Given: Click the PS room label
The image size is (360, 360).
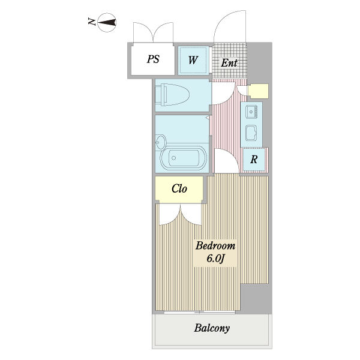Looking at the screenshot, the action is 153,59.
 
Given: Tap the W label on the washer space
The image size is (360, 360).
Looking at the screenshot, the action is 193,60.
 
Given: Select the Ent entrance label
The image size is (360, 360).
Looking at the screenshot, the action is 229,63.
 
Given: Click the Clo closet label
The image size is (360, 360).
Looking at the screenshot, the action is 179,188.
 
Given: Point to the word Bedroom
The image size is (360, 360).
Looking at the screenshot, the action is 215,245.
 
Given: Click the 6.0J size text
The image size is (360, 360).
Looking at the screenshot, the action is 215,259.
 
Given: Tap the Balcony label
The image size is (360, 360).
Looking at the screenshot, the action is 212,328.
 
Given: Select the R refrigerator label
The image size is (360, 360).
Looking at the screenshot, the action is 254,160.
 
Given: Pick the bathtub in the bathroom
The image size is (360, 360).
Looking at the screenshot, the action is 184,158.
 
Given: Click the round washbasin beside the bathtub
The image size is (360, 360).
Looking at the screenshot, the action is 160,142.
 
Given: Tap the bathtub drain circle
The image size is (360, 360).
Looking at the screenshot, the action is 174,158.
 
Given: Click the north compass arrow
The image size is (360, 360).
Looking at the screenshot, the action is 107,23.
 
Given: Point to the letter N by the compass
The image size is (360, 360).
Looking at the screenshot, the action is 92,22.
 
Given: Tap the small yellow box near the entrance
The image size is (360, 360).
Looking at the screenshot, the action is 258,91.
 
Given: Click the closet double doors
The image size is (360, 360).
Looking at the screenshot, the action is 180,215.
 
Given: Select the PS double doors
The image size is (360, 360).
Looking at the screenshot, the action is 153,32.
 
